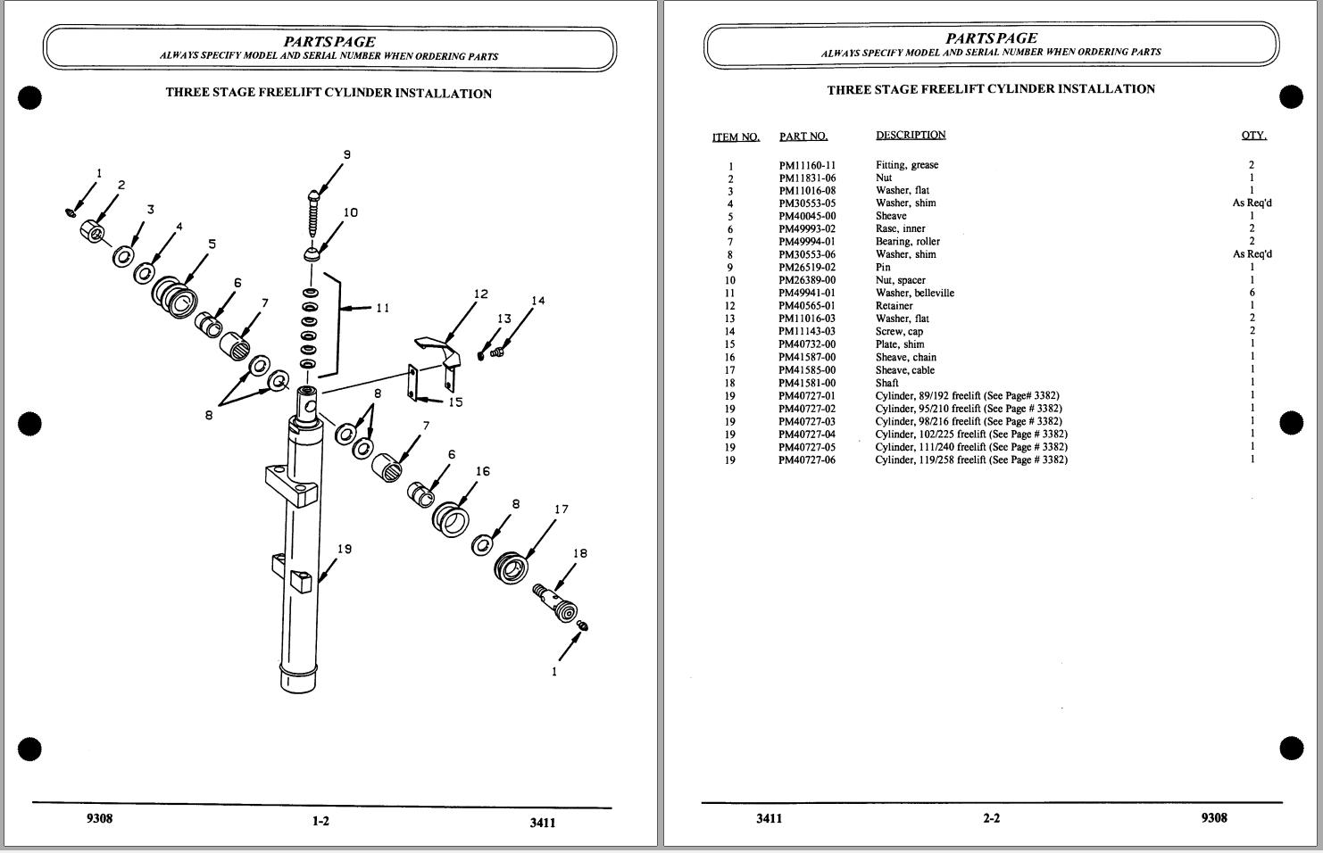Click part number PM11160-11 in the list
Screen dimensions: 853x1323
click(x=807, y=165)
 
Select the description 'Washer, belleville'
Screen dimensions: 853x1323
click(x=914, y=293)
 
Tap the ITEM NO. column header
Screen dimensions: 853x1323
click(x=736, y=137)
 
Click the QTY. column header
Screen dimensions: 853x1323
click(x=1253, y=136)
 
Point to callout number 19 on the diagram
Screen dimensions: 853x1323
click(x=344, y=549)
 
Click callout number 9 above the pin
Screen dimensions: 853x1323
click(x=347, y=154)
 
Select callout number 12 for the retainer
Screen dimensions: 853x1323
click(x=481, y=294)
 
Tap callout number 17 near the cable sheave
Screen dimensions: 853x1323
click(x=562, y=509)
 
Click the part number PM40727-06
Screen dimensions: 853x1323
click(x=807, y=460)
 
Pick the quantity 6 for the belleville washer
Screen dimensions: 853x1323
click(x=1252, y=293)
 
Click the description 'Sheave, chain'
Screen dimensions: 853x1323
click(x=905, y=357)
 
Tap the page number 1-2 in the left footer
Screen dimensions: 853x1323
click(x=320, y=821)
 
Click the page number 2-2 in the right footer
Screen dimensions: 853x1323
click(x=991, y=818)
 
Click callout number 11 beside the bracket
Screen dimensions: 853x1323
click(x=382, y=308)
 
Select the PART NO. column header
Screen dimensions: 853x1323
click(x=803, y=137)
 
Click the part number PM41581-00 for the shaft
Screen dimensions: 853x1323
click(x=807, y=383)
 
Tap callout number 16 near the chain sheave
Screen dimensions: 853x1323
click(x=482, y=471)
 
